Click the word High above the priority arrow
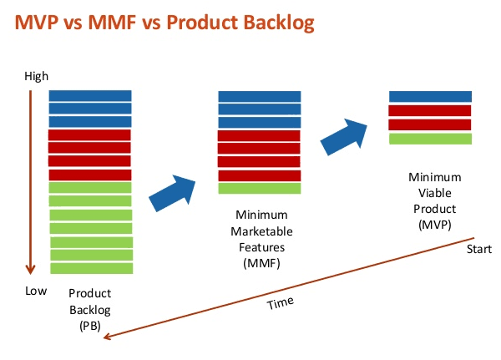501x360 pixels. (x=37, y=76)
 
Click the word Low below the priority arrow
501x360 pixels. (x=36, y=291)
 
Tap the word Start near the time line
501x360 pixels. (x=479, y=249)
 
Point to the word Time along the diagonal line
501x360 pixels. (x=281, y=302)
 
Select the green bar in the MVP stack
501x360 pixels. (x=430, y=139)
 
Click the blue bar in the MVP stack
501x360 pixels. (x=430, y=97)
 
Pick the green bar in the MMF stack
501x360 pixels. (x=260, y=188)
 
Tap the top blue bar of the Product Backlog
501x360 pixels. (x=90, y=96)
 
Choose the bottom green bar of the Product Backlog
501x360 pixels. (x=92, y=268)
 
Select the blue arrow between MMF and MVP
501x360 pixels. (x=345, y=137)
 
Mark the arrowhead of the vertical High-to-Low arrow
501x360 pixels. (x=30, y=269)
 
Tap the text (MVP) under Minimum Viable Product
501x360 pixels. (x=435, y=225)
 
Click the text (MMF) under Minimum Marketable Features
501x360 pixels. (x=261, y=263)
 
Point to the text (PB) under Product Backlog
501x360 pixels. (x=90, y=326)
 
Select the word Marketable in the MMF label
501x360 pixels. (x=261, y=231)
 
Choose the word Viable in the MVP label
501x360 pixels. (x=435, y=193)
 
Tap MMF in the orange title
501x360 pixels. (x=112, y=23)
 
